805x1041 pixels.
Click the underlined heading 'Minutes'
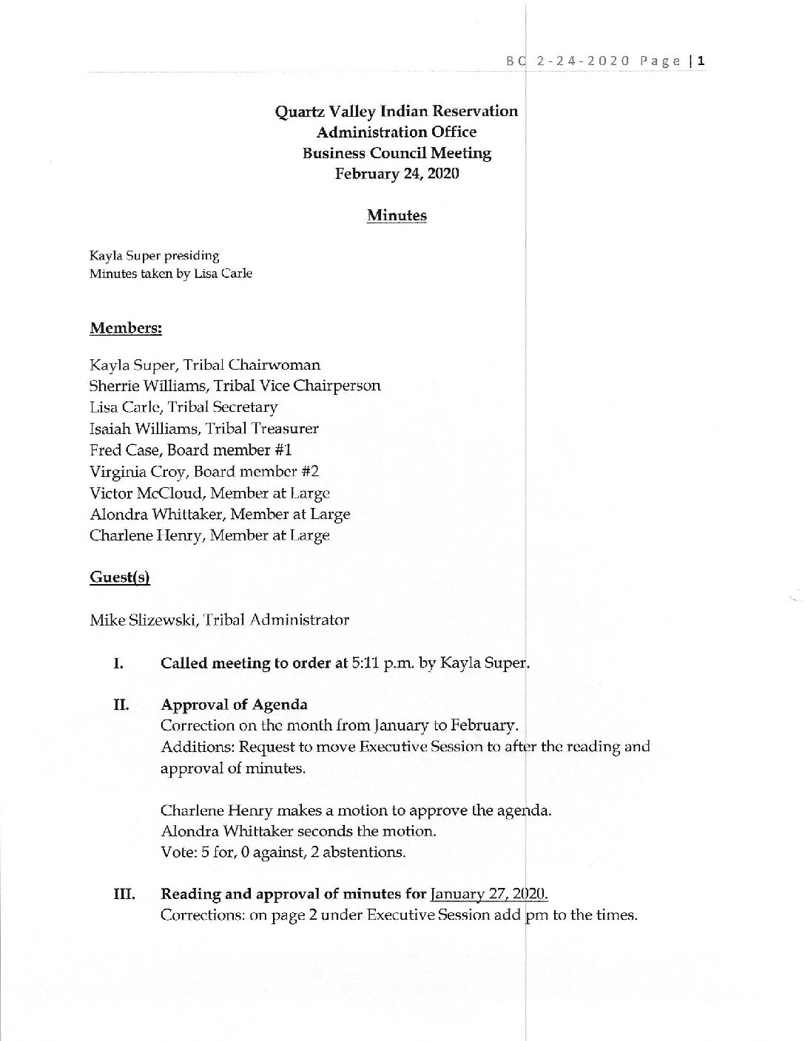tap(397, 216)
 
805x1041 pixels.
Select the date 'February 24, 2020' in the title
tap(397, 174)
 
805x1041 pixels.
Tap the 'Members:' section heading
tap(126, 328)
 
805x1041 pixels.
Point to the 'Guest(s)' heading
tap(119, 577)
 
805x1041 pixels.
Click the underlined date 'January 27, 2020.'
tap(489, 894)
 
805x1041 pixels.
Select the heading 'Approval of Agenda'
tap(234, 705)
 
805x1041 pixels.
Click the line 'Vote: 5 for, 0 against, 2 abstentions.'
tap(283, 852)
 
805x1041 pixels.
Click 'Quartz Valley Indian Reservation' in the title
tap(397, 112)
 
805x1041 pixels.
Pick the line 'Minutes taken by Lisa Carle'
tap(171, 274)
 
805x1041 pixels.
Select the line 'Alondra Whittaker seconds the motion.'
tap(298, 830)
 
